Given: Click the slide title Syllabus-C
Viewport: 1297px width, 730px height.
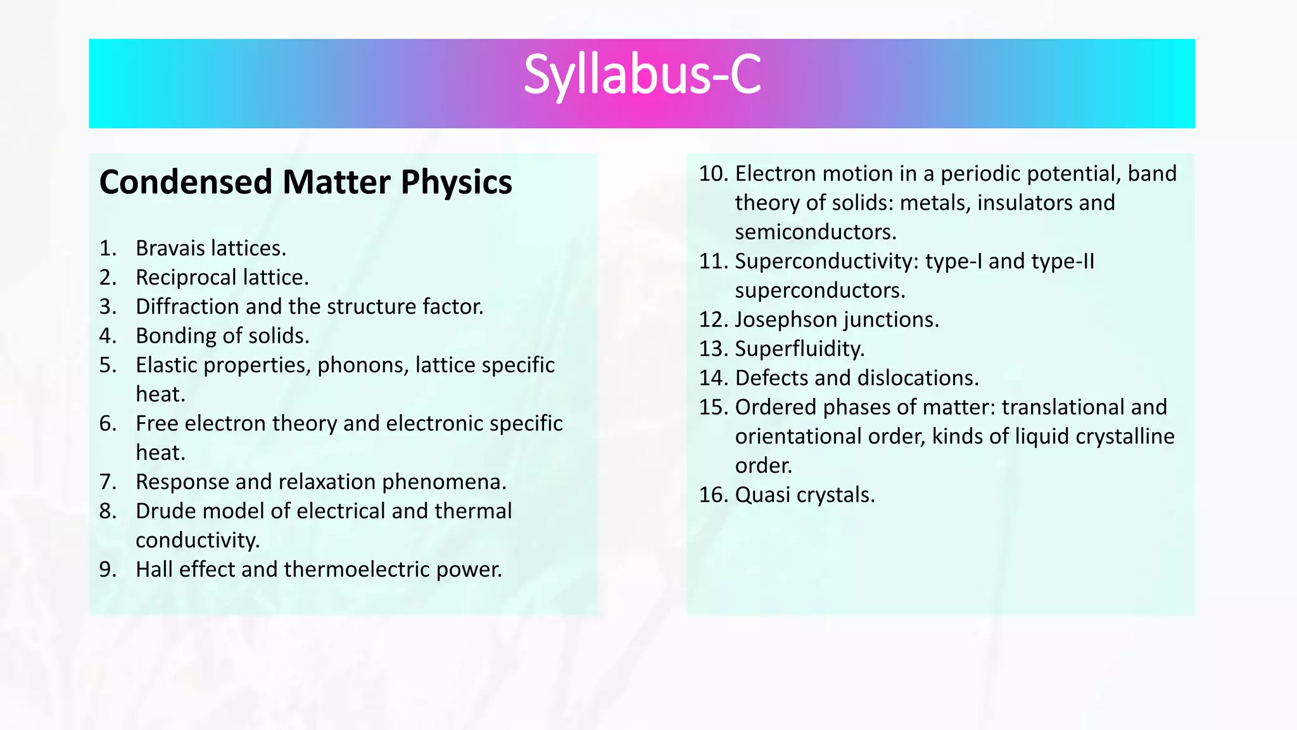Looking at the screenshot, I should coord(642,76).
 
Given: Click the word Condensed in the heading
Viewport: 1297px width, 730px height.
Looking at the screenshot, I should coord(186,182).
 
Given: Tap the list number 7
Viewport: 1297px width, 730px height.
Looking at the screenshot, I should coord(108,482).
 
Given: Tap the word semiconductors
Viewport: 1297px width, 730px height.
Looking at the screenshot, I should coord(815,232).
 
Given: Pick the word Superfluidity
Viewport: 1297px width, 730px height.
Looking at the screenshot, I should coord(799,349).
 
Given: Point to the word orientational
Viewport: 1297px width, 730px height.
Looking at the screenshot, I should coord(797,437).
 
